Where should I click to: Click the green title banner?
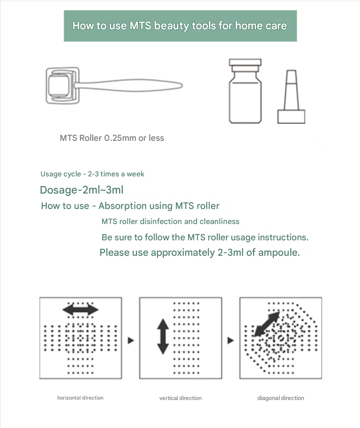(180, 26)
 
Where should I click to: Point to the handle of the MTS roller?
(128, 85)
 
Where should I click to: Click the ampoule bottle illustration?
(245, 91)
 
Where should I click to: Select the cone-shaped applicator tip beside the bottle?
(291, 97)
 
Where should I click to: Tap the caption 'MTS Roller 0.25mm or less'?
(112, 138)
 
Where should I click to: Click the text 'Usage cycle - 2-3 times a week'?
(92, 174)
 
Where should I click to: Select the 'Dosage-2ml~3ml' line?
(81, 190)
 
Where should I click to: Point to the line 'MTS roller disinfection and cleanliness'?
(170, 222)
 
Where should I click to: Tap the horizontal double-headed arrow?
(81, 310)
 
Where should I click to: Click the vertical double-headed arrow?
(163, 336)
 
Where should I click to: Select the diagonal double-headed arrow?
(267, 324)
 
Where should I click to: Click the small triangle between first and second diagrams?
(131, 340)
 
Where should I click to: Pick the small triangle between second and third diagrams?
(231, 340)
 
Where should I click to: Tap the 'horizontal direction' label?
(81, 398)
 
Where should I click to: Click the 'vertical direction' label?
(180, 398)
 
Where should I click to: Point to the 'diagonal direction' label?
(281, 398)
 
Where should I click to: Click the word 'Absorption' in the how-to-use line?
(127, 206)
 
